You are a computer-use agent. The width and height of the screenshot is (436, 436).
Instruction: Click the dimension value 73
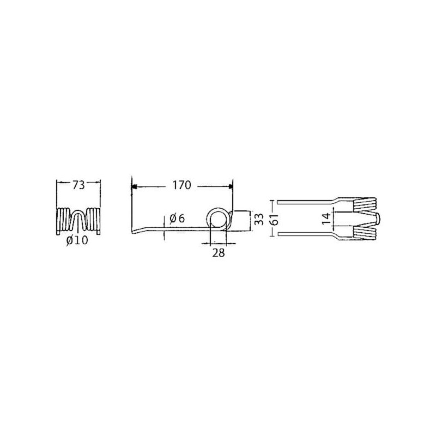click(x=78, y=185)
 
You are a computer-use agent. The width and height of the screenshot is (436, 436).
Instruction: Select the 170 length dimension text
click(x=182, y=185)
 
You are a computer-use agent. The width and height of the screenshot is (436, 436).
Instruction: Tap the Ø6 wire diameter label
click(x=177, y=219)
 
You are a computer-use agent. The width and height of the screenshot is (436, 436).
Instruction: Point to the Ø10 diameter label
click(x=77, y=240)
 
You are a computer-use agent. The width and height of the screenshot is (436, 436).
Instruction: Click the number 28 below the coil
click(x=219, y=253)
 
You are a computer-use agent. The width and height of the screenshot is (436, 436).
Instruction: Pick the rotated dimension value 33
click(x=259, y=220)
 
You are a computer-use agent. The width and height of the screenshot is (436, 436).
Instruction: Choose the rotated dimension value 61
click(x=275, y=219)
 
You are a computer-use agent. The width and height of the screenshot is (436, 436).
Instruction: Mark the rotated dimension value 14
click(x=327, y=219)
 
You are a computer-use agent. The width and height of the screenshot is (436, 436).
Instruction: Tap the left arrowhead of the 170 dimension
click(x=134, y=186)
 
